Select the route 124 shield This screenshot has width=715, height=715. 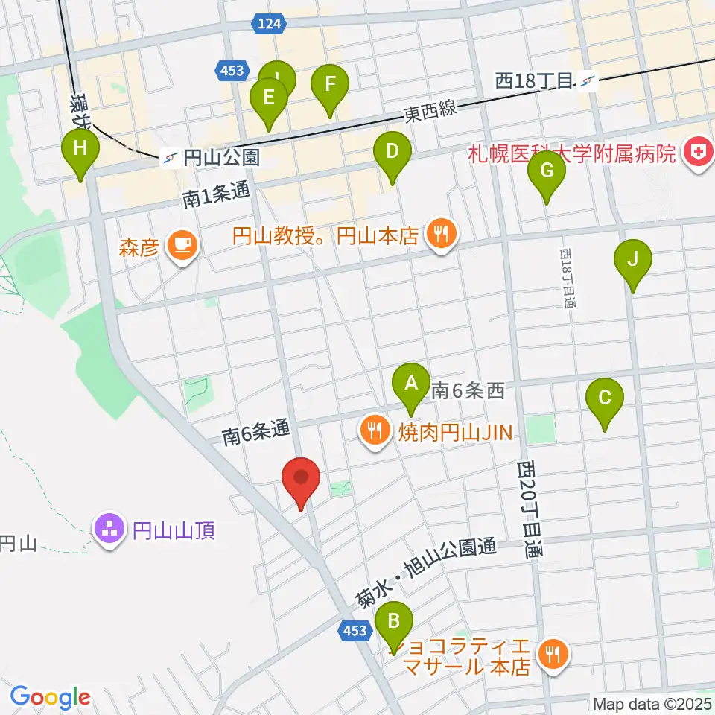pyautogui.click(x=270, y=24)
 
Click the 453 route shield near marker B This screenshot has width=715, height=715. pyautogui.click(x=356, y=631)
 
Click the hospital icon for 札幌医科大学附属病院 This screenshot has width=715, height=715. pyautogui.click(x=699, y=153)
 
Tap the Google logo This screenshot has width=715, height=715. pyautogui.click(x=50, y=697)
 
